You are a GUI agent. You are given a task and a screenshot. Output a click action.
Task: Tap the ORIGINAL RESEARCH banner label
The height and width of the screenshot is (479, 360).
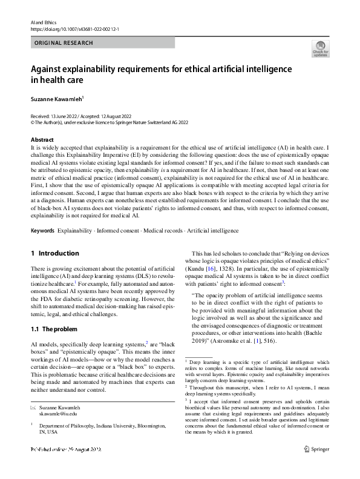click(64, 43)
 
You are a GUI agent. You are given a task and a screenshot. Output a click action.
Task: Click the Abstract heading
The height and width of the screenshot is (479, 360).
click(42, 140)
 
